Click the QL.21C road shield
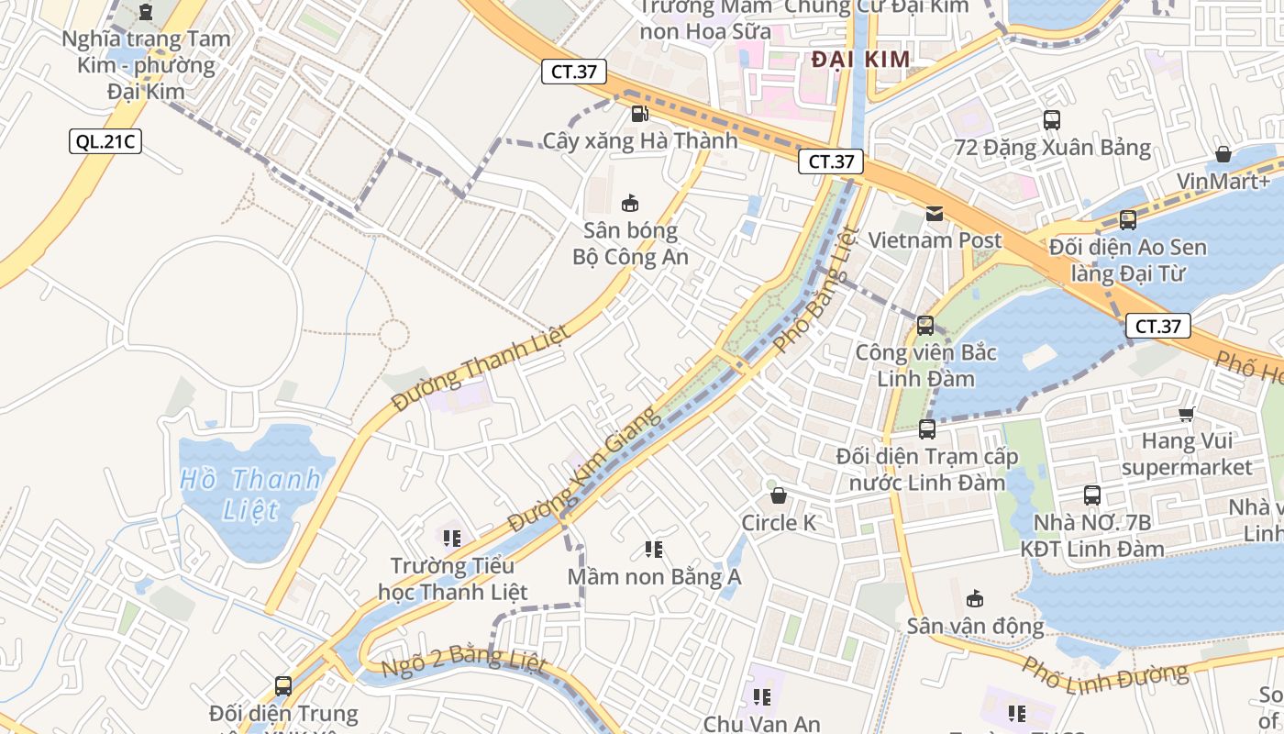coord(106,141)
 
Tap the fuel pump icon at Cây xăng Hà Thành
coord(639,114)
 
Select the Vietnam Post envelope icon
coord(934,214)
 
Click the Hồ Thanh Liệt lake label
coord(250,494)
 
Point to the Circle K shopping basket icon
coord(779,496)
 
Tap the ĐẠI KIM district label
coord(861,61)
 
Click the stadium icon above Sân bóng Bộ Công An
coord(630,203)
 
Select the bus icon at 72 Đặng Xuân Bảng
coord(1052,120)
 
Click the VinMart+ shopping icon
coord(1223,153)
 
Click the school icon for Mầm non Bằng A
coord(654,550)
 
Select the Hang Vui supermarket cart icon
coord(1186,415)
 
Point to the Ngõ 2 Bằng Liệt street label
coord(463,662)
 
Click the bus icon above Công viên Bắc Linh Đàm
coord(925,325)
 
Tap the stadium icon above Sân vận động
coord(975,599)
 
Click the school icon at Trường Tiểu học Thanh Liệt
coord(451,538)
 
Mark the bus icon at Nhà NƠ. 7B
coord(1092,495)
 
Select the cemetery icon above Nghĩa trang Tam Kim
coord(145,12)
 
